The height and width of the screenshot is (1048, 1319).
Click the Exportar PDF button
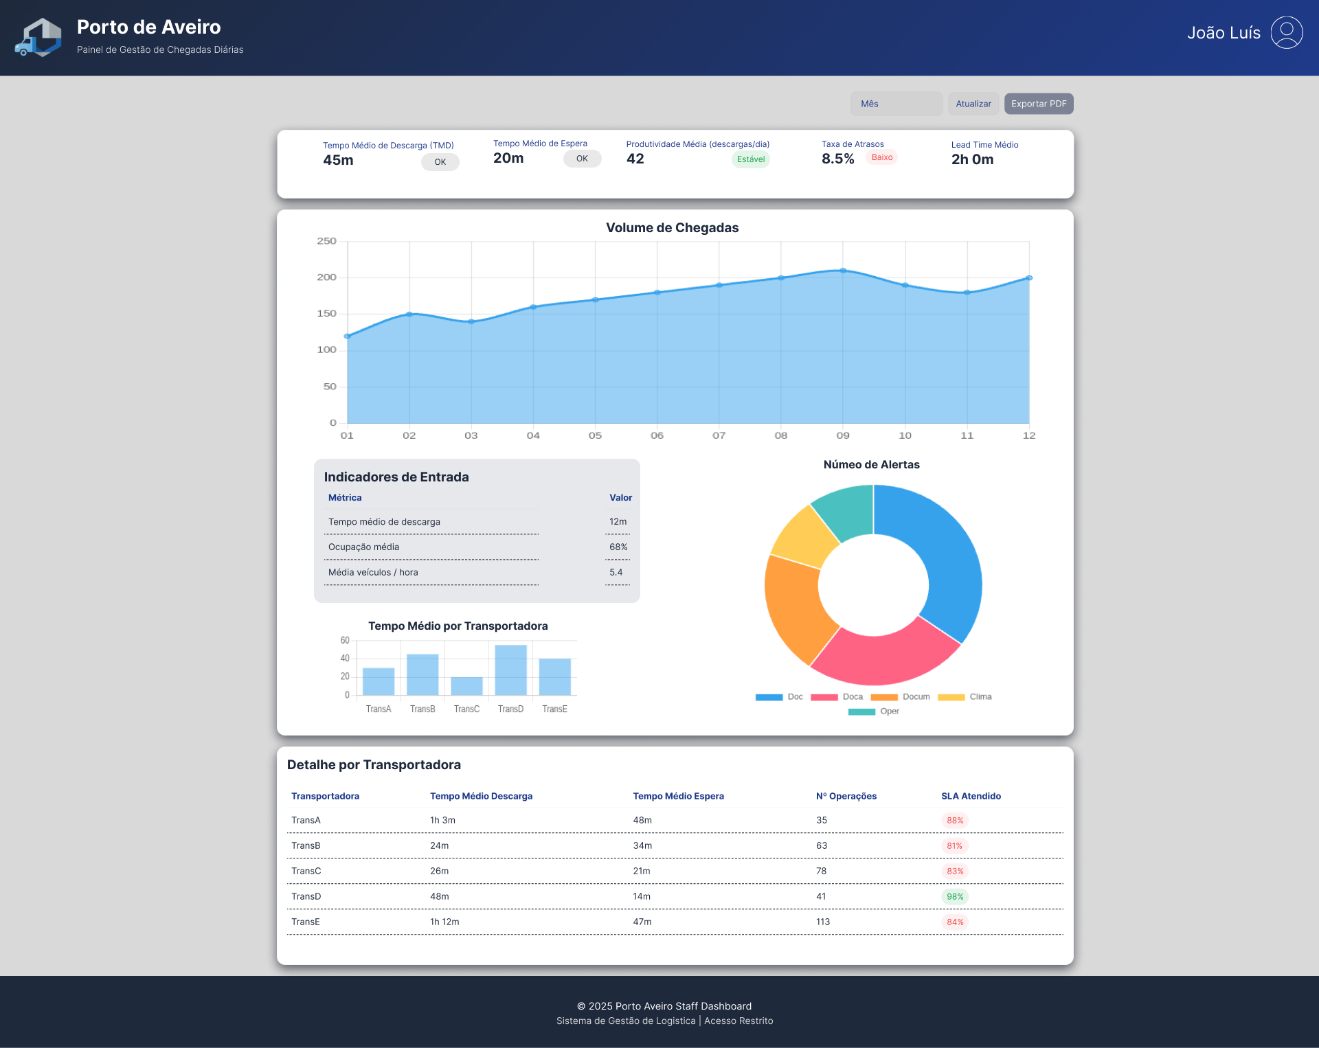[x=1038, y=104]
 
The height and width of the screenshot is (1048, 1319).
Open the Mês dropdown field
[x=896, y=104]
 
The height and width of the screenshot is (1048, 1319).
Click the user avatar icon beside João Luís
[x=1286, y=33]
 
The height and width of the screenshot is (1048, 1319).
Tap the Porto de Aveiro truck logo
[x=38, y=38]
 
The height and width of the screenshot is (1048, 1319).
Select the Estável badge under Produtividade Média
[x=750, y=159]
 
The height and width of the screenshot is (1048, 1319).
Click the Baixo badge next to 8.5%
[x=881, y=157]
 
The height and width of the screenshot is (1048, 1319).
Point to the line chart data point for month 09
[x=843, y=271]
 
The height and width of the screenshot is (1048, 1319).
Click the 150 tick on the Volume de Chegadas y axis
[x=326, y=314]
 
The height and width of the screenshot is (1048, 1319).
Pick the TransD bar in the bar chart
[x=510, y=670]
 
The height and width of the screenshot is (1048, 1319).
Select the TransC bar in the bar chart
[x=466, y=685]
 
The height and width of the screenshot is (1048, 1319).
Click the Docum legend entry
[x=901, y=696]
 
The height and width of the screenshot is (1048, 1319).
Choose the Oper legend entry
[x=874, y=711]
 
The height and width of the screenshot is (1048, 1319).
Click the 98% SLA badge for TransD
[x=954, y=896]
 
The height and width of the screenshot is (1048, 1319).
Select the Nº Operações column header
[x=846, y=796]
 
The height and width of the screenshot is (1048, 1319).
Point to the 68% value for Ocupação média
[x=618, y=547]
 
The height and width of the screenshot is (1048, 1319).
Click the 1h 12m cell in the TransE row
[x=444, y=922]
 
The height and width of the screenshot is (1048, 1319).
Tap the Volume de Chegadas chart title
[x=672, y=228]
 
